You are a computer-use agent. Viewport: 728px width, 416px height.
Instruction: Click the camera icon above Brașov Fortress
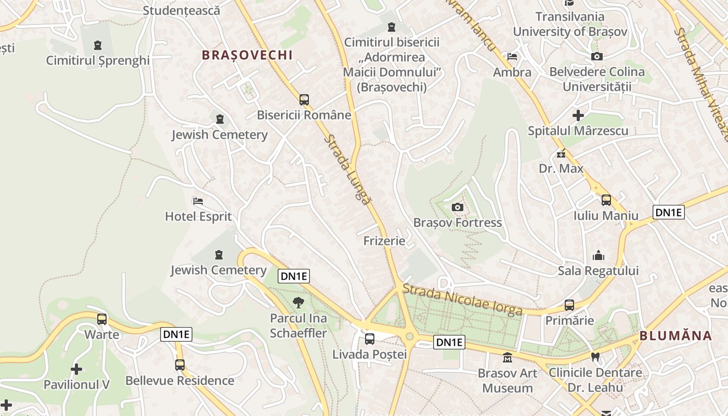coord(458,207)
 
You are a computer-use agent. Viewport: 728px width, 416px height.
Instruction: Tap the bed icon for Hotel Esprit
coord(198,201)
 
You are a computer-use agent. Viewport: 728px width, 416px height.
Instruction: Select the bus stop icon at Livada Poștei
coord(370,339)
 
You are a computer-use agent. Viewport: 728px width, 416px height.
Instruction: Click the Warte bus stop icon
coord(102,319)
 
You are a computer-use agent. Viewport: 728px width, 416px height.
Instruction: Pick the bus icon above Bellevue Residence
coord(180,365)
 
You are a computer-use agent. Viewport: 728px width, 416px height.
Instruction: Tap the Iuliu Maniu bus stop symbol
coord(606,200)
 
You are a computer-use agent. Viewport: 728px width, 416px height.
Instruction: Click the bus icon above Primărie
coord(569,305)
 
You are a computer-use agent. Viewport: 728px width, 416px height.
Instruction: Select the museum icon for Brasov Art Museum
coord(507,358)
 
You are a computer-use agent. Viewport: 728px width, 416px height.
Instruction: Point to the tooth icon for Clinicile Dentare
coord(595,357)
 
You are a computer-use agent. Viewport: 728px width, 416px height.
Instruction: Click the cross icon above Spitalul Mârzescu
coord(578,115)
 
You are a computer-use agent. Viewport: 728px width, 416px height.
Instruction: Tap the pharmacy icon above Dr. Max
coord(561,153)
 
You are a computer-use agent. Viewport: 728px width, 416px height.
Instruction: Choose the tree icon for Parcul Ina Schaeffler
coord(298,303)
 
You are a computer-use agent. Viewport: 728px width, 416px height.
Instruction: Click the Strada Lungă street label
coord(348,169)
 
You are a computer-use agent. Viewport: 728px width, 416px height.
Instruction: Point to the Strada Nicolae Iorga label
coord(462,300)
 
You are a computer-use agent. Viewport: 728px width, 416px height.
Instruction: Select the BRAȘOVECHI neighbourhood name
coord(248,55)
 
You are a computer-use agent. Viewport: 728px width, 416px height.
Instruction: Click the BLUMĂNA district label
coord(675,336)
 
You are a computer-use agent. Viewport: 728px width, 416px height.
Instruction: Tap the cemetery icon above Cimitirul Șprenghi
coord(97,45)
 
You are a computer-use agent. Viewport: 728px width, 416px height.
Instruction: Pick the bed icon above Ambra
coord(512,57)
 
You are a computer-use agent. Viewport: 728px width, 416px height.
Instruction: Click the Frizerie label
coord(384,241)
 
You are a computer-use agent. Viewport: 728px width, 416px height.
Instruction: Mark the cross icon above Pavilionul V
coord(76,369)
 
